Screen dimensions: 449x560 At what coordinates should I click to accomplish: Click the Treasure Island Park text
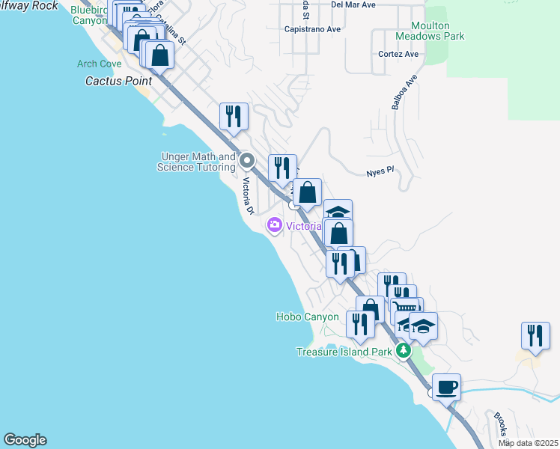(x=344, y=352)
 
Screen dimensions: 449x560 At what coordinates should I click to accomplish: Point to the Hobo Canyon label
(x=308, y=317)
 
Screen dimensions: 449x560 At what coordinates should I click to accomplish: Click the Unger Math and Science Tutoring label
(x=196, y=162)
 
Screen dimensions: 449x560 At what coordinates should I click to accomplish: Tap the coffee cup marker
(x=446, y=388)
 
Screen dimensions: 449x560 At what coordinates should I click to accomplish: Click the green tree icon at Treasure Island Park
(x=404, y=350)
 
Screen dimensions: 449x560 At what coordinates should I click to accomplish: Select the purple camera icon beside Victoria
(x=274, y=224)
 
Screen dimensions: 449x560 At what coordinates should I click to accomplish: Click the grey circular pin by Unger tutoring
(x=249, y=160)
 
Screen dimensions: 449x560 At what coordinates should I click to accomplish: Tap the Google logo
(x=25, y=440)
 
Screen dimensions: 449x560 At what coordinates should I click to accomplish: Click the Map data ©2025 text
(x=528, y=444)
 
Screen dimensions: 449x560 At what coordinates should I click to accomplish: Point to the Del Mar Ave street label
(x=353, y=4)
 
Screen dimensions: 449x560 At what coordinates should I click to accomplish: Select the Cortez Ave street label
(x=398, y=55)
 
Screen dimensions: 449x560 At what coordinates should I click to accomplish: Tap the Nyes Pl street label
(x=380, y=171)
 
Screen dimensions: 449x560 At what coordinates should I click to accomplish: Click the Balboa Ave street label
(x=401, y=93)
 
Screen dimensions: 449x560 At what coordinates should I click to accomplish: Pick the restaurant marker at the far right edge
(x=535, y=335)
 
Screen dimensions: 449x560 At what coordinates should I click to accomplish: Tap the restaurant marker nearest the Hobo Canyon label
(x=360, y=324)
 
